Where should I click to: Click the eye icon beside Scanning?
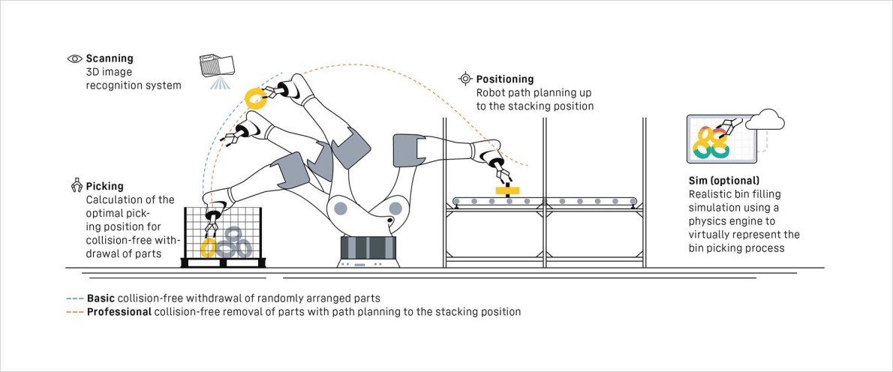(x=74, y=58)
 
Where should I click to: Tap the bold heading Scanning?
(x=110, y=58)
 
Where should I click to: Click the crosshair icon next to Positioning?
(x=465, y=79)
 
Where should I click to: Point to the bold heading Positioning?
(x=505, y=79)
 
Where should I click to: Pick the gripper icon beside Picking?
(x=75, y=185)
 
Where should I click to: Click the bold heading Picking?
(x=105, y=186)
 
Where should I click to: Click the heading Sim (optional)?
(x=723, y=181)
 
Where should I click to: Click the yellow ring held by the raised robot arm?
(x=257, y=98)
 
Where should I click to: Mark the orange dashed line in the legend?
(x=75, y=311)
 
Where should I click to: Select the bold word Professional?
(x=119, y=311)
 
